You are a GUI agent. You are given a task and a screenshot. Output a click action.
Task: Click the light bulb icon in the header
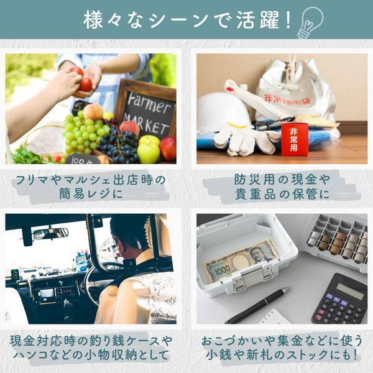[x=310, y=22]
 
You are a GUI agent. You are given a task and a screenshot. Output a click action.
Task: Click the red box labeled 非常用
[x=295, y=139]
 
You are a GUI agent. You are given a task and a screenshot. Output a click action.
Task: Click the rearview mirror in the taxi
[x=51, y=233]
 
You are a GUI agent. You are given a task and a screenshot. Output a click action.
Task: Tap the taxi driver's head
[x=130, y=234]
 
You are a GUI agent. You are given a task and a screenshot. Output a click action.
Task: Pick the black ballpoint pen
[x=257, y=305]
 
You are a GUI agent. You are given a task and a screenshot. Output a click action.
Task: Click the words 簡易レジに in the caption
[x=91, y=193]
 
